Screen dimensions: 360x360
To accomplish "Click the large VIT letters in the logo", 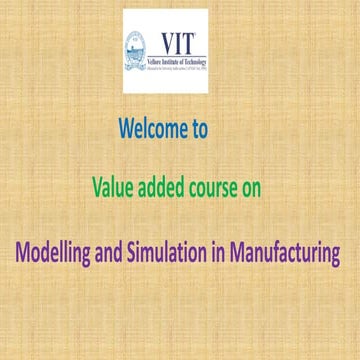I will pyautogui.click(x=180, y=41).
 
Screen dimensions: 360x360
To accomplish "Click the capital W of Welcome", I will pyautogui.click(x=127, y=130).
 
